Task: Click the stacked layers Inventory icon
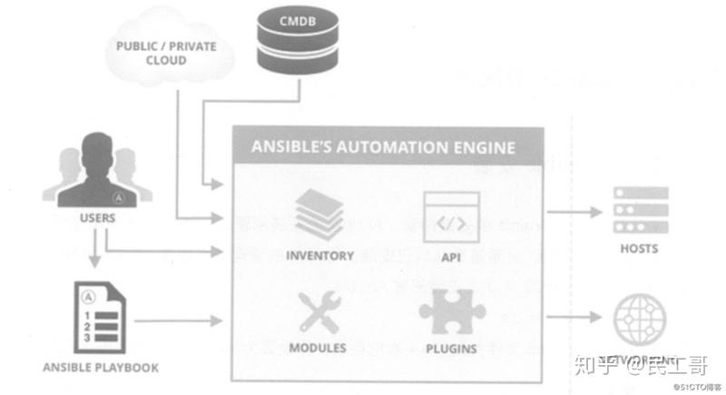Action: [x=319, y=213]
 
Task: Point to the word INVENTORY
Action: [x=319, y=255]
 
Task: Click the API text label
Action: [x=452, y=257]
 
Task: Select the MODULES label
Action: [x=318, y=348]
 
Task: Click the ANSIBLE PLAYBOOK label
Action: [x=101, y=368]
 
